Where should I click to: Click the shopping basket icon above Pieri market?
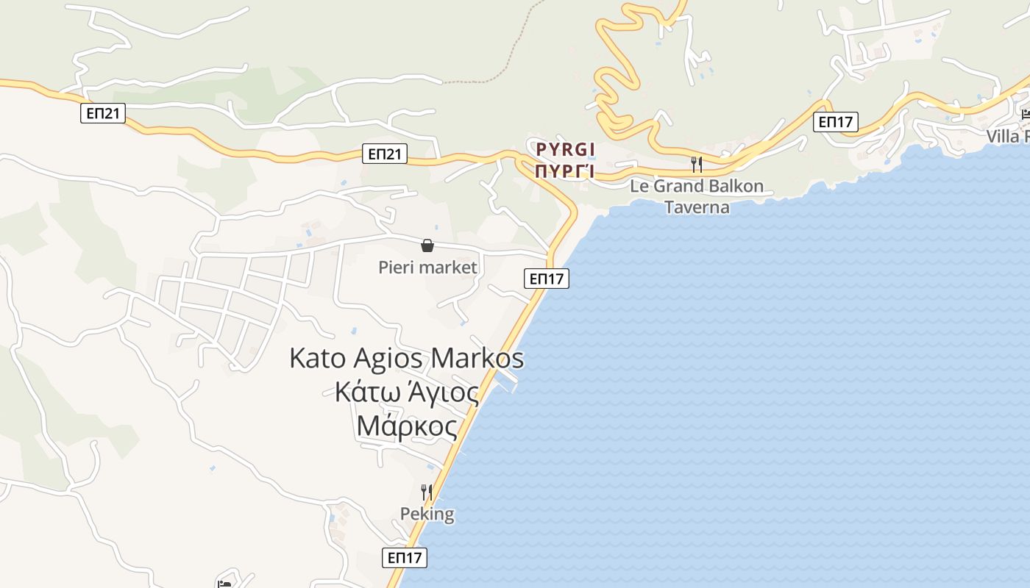427,245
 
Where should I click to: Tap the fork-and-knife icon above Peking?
426,492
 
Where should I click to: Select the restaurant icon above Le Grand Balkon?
696,164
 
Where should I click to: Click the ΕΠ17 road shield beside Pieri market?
547,279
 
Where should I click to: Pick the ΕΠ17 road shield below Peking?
405,558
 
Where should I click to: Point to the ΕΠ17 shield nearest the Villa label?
837,121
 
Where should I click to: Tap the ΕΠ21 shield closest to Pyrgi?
385,154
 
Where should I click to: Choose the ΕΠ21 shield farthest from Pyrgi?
103,113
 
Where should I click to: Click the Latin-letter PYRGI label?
565,150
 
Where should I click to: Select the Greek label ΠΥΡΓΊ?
565,172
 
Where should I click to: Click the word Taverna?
697,207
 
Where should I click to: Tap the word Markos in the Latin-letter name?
477,359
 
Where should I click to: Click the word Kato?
318,359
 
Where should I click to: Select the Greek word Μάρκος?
406,426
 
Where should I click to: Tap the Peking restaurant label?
427,514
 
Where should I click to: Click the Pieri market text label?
427,268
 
